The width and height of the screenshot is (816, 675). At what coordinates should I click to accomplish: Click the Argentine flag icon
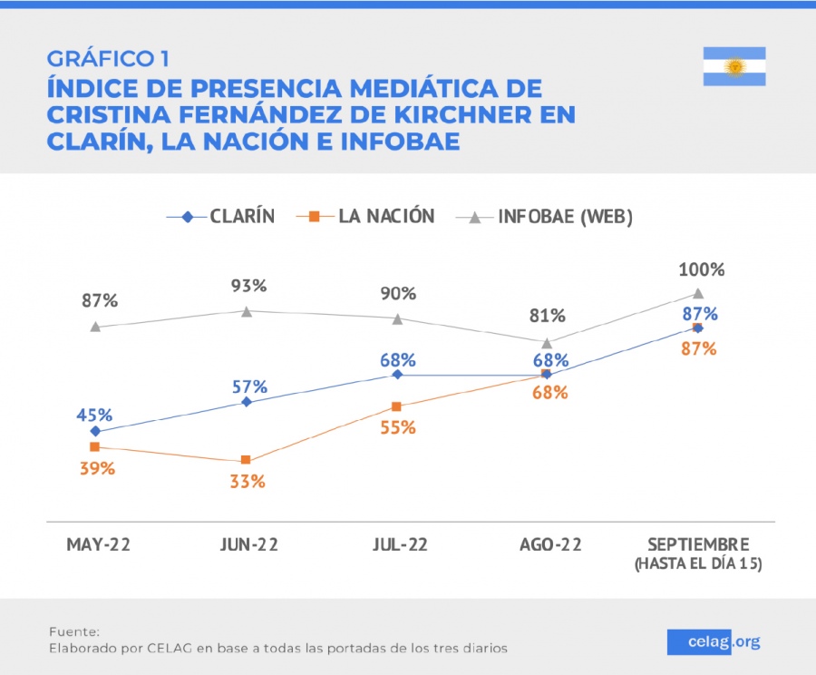(734, 66)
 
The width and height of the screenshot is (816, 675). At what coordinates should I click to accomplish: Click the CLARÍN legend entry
(221, 216)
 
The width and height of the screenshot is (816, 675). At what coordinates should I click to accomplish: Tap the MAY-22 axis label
(98, 545)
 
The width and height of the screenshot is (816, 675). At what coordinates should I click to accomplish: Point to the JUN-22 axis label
(248, 545)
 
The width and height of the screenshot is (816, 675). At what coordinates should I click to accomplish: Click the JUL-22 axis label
(398, 545)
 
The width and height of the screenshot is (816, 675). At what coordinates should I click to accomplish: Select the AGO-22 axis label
(549, 545)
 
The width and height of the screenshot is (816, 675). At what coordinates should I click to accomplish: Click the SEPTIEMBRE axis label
(698, 545)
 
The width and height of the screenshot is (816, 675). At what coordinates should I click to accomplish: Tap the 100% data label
(702, 269)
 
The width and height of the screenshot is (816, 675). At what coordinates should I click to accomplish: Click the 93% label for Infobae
(248, 286)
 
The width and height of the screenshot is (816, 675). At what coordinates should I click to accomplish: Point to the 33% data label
(247, 482)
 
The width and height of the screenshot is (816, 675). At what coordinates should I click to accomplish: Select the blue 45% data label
(94, 415)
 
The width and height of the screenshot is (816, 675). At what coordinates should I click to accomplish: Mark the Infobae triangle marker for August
(547, 343)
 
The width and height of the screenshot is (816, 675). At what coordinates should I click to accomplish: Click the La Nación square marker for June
(246, 461)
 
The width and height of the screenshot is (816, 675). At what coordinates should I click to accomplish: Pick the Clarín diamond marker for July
(396, 374)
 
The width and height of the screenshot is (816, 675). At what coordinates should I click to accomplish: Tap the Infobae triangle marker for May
(95, 327)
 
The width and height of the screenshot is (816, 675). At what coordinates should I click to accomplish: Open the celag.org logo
(714, 641)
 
